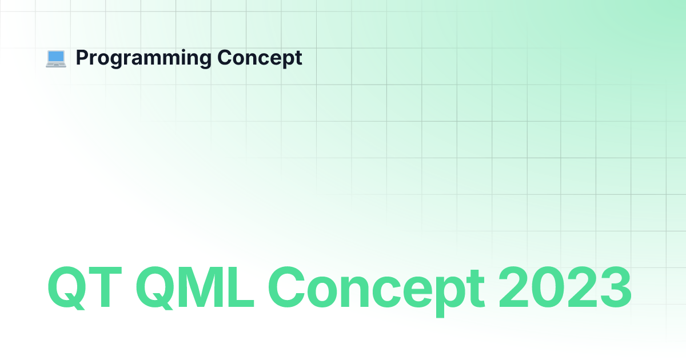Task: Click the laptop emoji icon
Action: (56, 59)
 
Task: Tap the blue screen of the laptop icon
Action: (56, 57)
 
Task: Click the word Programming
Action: (143, 58)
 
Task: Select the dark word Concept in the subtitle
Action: (260, 58)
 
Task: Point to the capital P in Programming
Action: (82, 57)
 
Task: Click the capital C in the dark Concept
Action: (225, 57)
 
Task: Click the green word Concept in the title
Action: (376, 291)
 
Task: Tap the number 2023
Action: (565, 287)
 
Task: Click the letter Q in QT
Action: (67, 287)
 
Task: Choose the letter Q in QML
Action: (155, 287)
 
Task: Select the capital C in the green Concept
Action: (286, 287)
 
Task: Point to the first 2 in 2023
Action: (514, 286)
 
